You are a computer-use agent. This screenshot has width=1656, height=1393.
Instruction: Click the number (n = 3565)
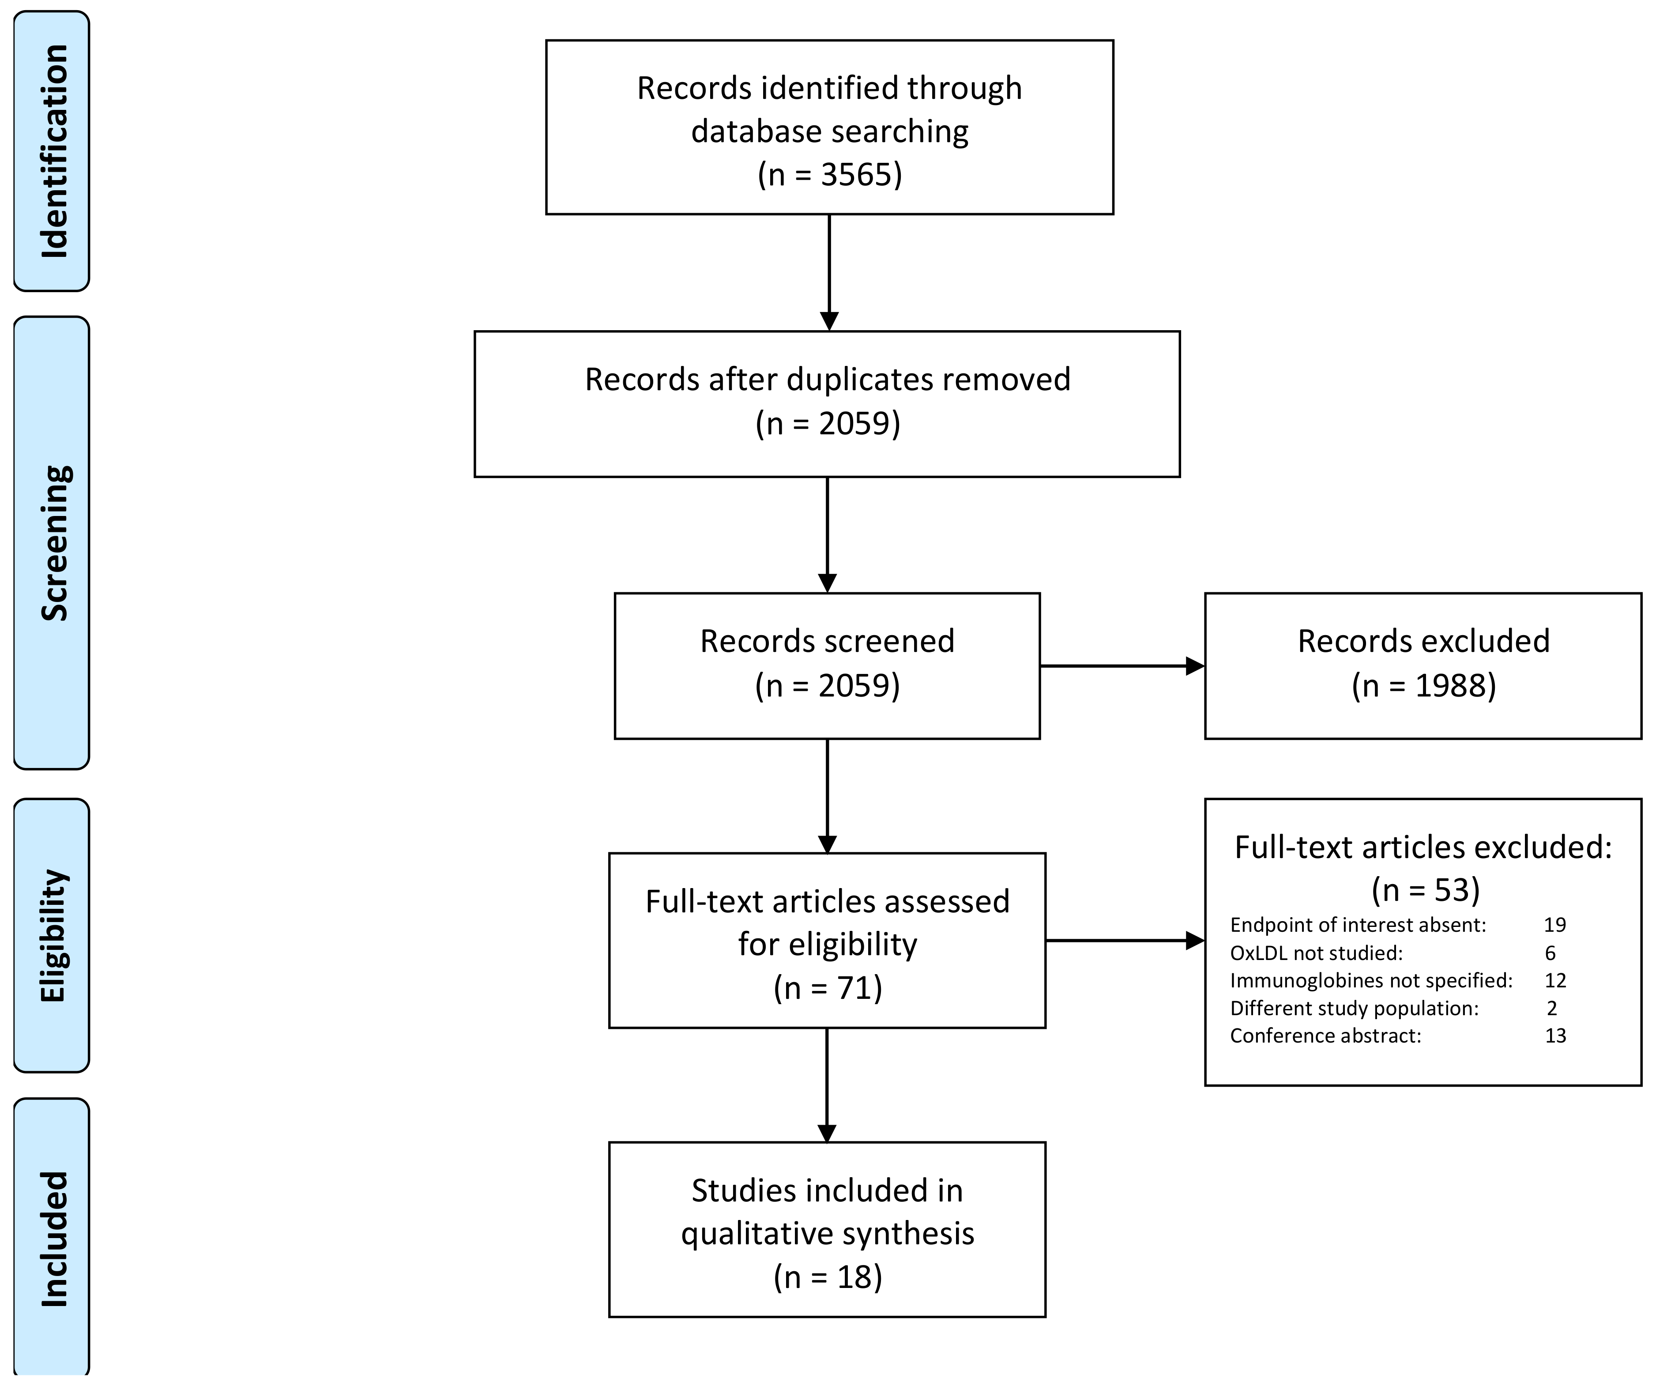click(x=829, y=174)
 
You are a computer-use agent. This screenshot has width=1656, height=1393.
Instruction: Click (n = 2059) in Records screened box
click(x=827, y=685)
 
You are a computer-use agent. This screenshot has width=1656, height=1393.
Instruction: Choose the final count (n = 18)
click(x=827, y=1277)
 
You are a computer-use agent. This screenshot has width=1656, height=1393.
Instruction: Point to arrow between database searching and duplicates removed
click(x=829, y=272)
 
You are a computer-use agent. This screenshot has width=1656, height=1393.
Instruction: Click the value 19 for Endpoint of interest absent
click(x=1554, y=925)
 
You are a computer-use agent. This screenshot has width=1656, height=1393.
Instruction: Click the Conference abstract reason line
click(x=1325, y=1036)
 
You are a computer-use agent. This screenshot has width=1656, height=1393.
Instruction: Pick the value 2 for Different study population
click(x=1552, y=1009)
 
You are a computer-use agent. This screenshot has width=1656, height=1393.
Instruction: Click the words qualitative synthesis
click(x=827, y=1234)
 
